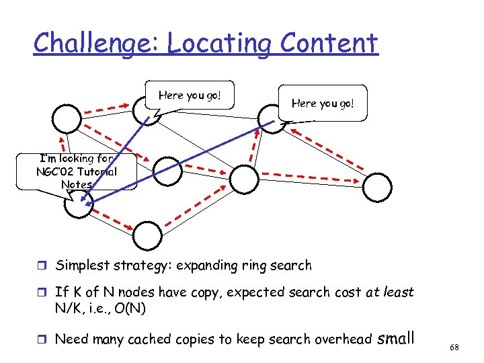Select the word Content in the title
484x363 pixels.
pos(329,44)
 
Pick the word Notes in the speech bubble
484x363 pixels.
pos(76,184)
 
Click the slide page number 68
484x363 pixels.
pos(454,346)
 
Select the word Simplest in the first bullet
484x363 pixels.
pos(81,266)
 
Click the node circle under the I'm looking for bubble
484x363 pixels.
pos(78,205)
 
